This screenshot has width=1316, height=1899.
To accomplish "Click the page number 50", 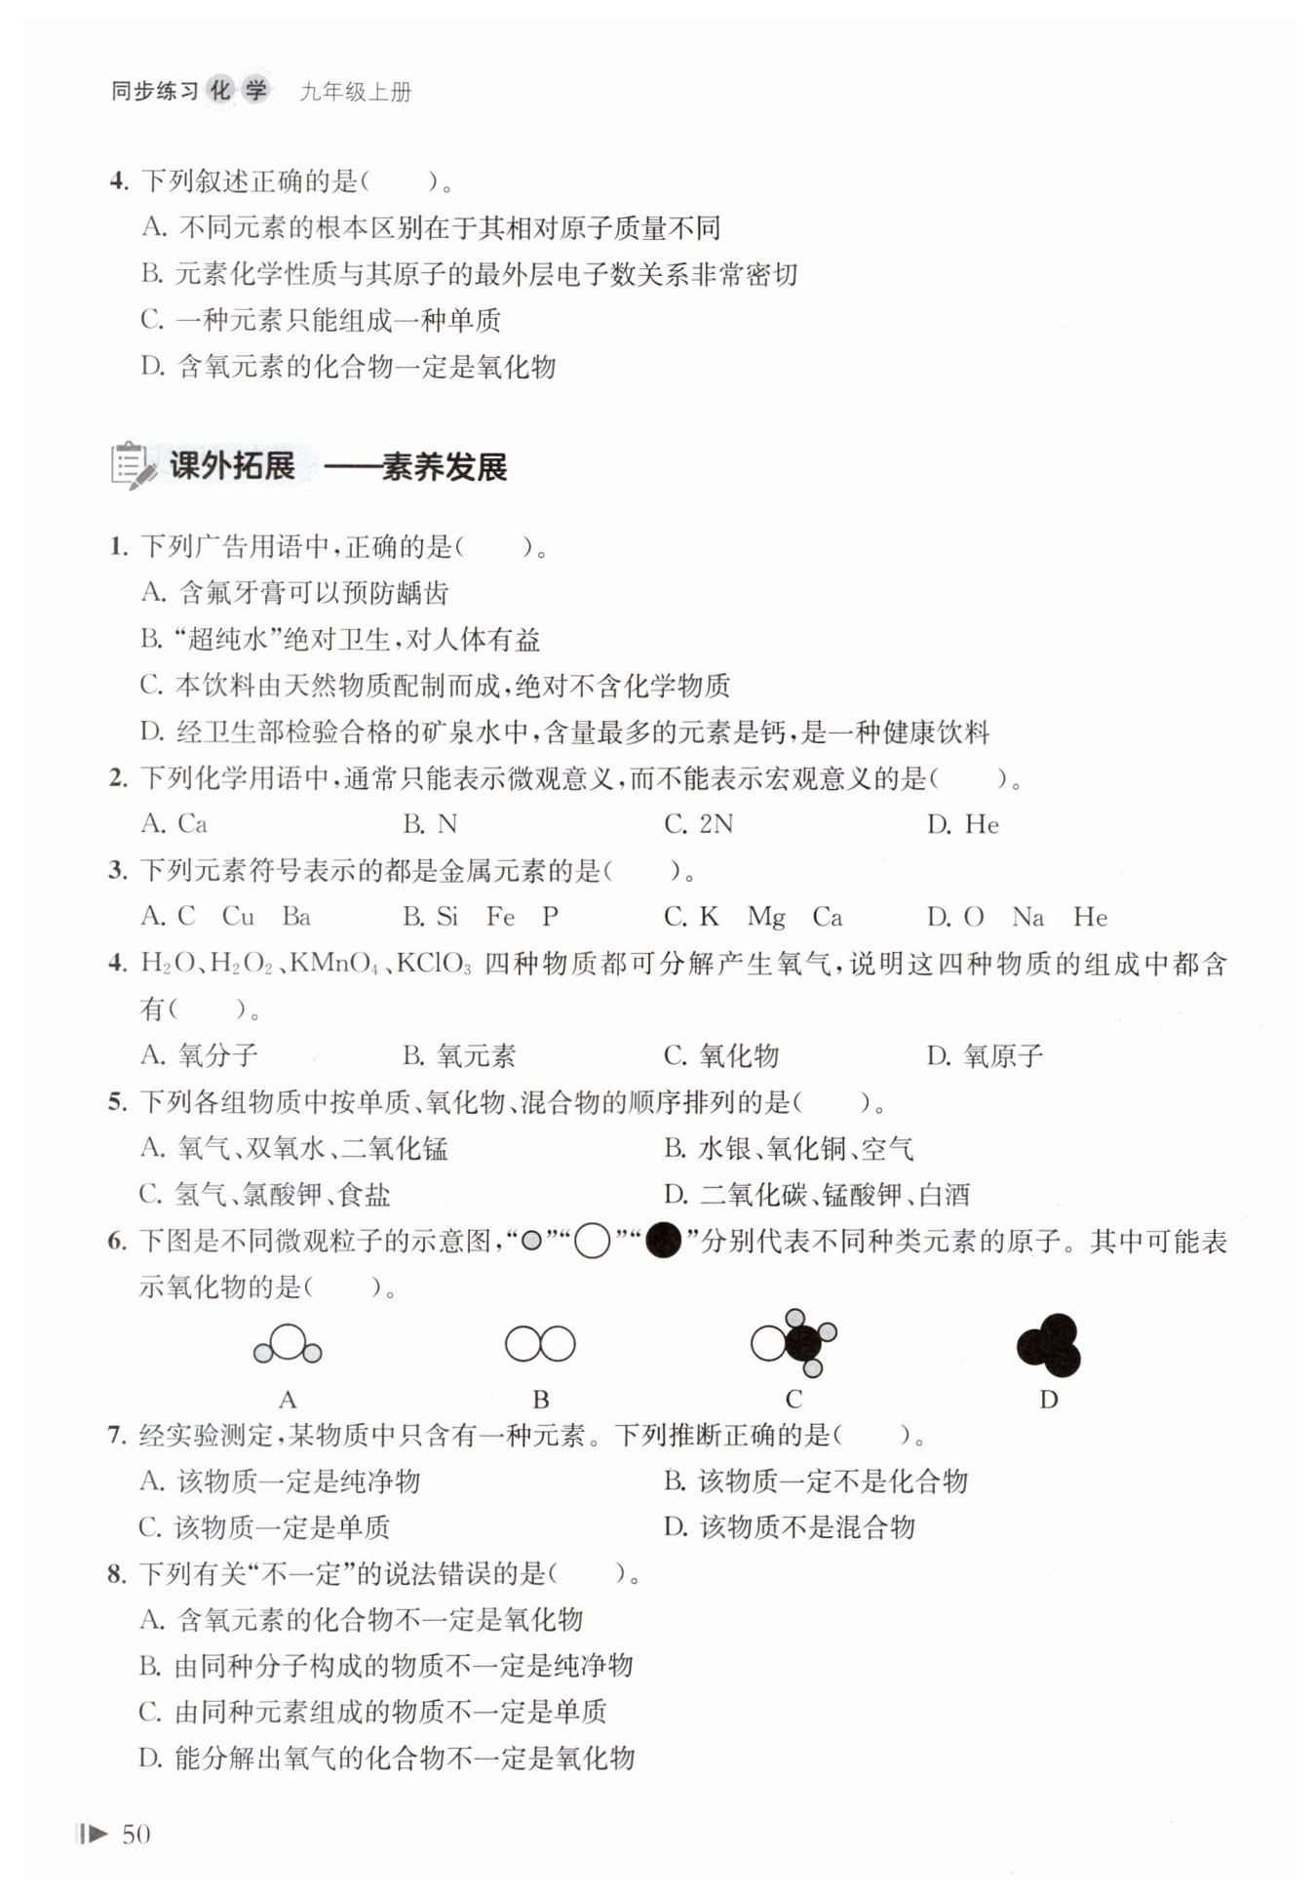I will click(x=135, y=1834).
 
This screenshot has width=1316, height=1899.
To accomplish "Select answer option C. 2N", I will click(x=698, y=824).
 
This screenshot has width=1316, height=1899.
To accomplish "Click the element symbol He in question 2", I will click(x=982, y=825).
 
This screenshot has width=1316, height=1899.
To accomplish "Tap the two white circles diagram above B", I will click(x=540, y=1344).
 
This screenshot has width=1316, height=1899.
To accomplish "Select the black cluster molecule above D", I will click(x=1049, y=1345).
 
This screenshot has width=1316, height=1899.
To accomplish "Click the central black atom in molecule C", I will click(x=803, y=1344).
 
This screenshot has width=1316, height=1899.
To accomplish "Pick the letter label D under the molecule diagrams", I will click(x=1049, y=1400).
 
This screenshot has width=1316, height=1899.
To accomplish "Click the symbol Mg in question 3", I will click(x=766, y=917).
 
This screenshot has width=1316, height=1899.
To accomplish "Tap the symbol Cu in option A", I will click(x=238, y=917).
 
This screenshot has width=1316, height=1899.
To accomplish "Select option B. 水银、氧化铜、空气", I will click(x=789, y=1148).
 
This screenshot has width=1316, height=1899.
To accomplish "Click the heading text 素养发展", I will click(x=445, y=467).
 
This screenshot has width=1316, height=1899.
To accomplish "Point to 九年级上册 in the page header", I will click(x=356, y=93).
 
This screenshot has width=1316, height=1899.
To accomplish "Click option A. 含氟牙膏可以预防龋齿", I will click(x=294, y=592).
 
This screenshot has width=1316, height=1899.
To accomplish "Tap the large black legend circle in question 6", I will click(x=663, y=1241).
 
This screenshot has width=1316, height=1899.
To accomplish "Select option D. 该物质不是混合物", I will click(x=789, y=1526).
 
